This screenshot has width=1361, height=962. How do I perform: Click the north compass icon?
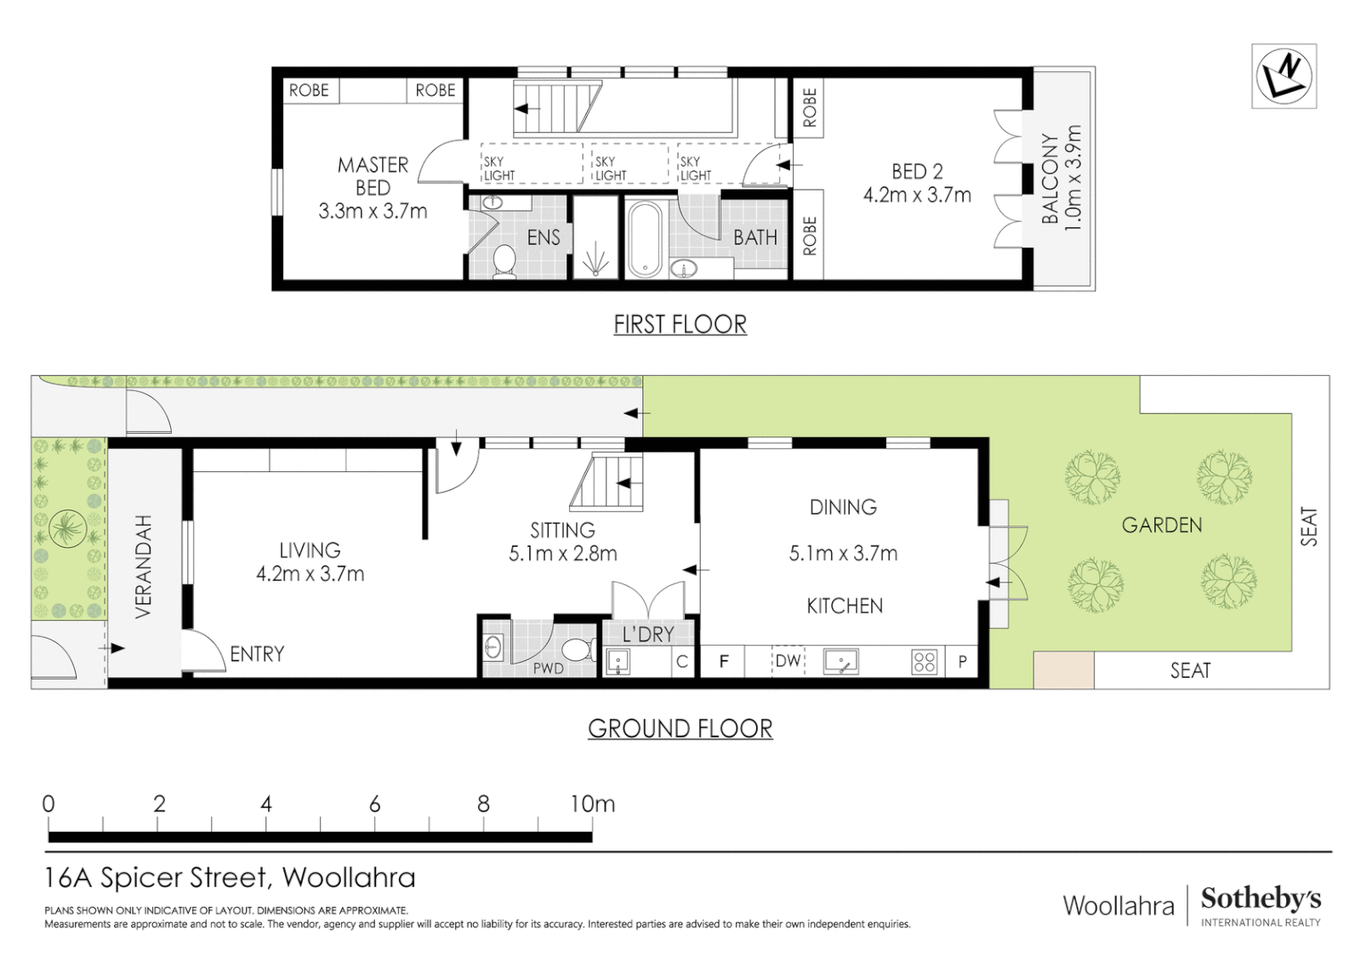[1284, 76]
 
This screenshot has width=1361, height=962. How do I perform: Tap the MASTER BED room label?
[372, 176]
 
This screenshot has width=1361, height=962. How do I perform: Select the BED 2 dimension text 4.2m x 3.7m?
[917, 195]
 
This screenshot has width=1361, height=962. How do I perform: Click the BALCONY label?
[1050, 179]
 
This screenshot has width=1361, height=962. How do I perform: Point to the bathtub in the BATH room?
[643, 240]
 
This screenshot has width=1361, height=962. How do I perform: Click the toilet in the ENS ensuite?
[504, 261]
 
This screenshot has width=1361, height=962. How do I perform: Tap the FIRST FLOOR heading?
[680, 324]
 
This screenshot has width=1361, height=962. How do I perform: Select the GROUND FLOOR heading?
[680, 729]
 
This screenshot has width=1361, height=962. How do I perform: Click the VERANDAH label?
[144, 567]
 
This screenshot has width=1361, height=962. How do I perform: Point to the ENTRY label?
[257, 655]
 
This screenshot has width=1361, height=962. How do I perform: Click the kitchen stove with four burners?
[924, 662]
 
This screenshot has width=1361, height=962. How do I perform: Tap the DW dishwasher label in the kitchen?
[787, 662]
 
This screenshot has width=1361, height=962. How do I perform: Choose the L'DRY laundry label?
[648, 634]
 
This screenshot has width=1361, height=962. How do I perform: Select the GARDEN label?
[1161, 526]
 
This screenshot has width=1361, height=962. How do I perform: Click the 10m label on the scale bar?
[592, 804]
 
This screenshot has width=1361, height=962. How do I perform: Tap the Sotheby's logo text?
[1260, 899]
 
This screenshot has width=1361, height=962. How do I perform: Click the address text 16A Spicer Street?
[156, 878]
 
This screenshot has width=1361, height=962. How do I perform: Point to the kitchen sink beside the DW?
[840, 662]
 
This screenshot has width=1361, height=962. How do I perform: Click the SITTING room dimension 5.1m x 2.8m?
[562, 553]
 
